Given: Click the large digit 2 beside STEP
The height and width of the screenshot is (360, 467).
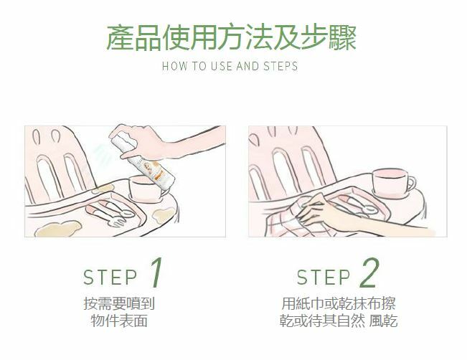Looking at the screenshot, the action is click(x=369, y=273).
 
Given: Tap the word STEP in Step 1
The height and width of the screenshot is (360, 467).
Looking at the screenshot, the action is click(x=110, y=278).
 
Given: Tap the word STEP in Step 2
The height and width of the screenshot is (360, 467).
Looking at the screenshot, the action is click(x=323, y=278).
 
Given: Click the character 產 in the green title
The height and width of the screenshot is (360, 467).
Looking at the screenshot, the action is click(x=120, y=38).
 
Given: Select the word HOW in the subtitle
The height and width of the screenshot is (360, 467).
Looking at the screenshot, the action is click(x=175, y=66).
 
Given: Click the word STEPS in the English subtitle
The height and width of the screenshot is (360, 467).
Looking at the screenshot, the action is click(x=280, y=66).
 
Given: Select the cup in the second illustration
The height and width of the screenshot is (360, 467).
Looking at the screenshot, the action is click(x=392, y=182).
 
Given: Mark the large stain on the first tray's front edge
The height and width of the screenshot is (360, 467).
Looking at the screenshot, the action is click(x=57, y=229).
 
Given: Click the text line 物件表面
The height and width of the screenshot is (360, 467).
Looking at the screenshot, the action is click(x=119, y=321).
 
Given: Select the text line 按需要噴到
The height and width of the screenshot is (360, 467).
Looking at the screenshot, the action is click(x=119, y=303).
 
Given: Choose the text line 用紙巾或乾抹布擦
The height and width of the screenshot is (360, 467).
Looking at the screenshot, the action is click(x=339, y=303).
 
